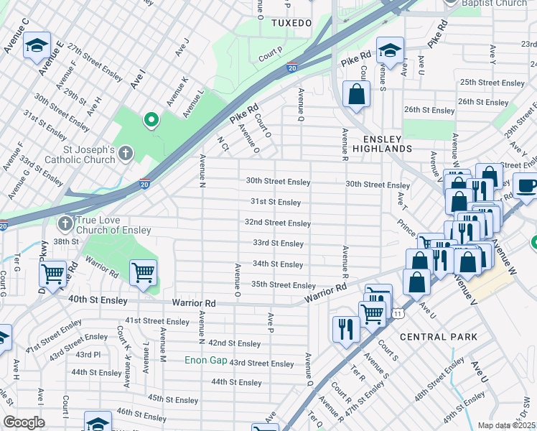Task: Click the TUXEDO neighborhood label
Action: pos(291,23)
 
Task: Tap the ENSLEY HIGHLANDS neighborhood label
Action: pos(377,143)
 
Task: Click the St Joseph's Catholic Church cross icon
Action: pos(126,152)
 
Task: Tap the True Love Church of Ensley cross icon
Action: pos(65,223)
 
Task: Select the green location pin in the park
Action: pos(151,120)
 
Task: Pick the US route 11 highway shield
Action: pos(397,313)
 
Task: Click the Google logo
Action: pos(24,422)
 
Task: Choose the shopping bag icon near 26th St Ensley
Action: pos(356,93)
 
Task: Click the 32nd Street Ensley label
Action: pos(277,223)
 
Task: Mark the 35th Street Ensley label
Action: pos(283,285)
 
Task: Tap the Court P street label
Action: pos(271,55)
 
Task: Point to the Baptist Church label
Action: pos(495,3)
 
